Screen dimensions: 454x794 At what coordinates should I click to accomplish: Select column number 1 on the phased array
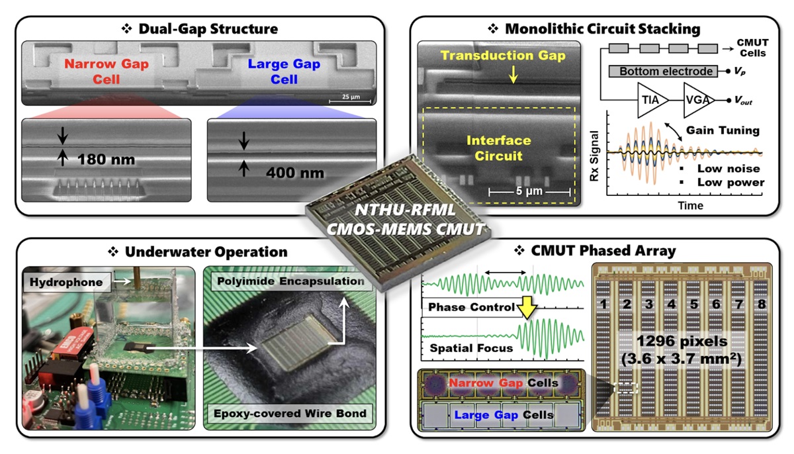click(x=603, y=304)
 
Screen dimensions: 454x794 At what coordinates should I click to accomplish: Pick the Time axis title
click(x=689, y=206)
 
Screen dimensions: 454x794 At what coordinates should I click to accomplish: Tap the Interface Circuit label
click(x=499, y=149)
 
